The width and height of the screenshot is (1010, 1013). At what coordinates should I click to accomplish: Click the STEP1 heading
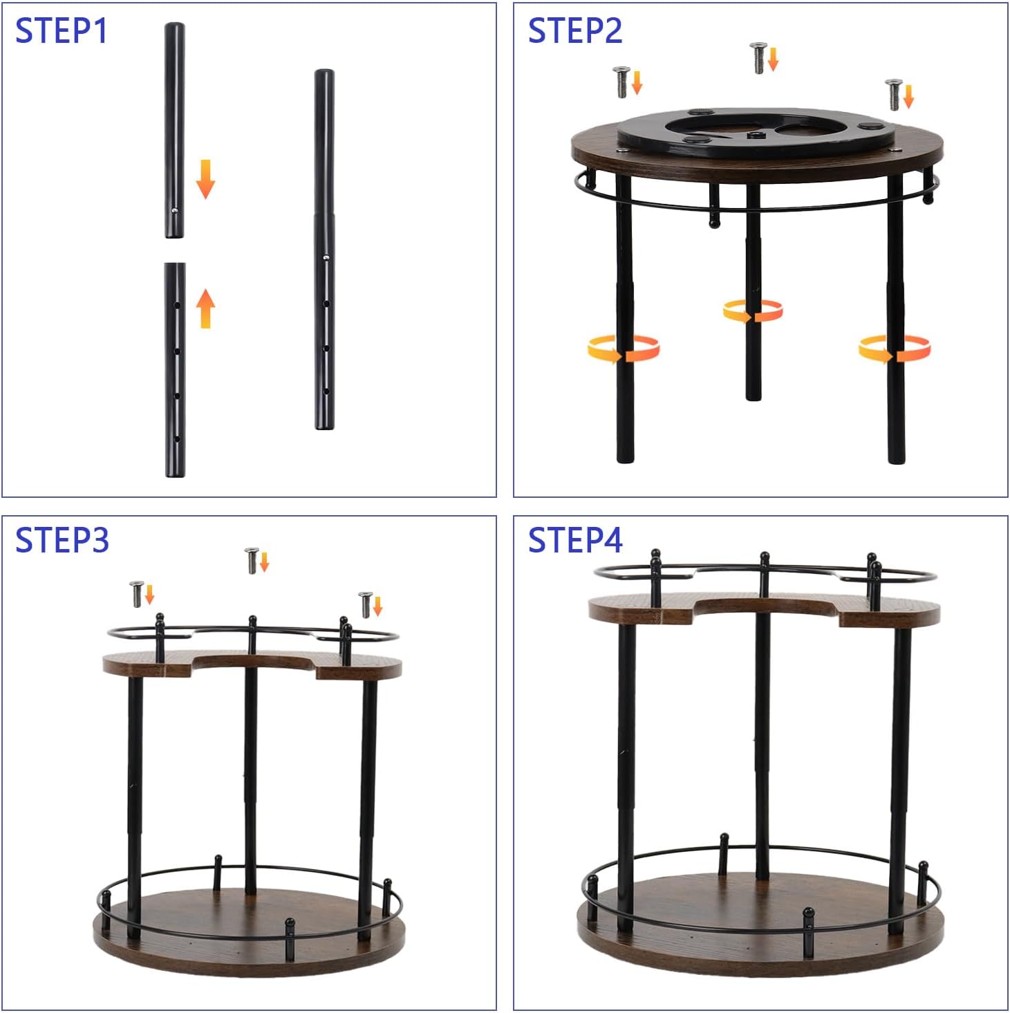(x=61, y=30)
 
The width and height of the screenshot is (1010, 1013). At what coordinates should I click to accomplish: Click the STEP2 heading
(x=574, y=30)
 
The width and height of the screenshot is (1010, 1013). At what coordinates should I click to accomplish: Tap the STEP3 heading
(x=62, y=540)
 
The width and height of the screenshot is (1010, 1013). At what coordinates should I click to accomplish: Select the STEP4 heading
(x=575, y=540)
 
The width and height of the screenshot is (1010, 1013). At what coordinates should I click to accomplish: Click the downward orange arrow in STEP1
(x=205, y=179)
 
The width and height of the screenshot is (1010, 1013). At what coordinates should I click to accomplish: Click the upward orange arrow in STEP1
(x=205, y=308)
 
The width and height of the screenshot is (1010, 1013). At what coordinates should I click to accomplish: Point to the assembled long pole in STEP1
(x=324, y=249)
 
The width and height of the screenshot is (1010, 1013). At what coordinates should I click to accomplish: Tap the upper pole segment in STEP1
(x=174, y=130)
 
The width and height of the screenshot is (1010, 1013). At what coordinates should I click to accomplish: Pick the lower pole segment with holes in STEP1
(x=174, y=370)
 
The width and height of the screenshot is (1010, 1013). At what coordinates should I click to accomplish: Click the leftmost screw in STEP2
(x=621, y=82)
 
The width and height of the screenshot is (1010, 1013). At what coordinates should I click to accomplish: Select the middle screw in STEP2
(x=758, y=58)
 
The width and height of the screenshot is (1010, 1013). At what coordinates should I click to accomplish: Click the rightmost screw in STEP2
(x=894, y=95)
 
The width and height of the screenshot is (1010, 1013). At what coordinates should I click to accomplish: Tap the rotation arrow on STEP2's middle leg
(x=753, y=311)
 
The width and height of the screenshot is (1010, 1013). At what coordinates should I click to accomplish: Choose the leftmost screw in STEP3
(x=137, y=594)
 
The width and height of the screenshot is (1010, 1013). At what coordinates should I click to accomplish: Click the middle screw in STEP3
(x=252, y=560)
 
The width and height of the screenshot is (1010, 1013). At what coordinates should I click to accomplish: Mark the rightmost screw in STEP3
(x=366, y=604)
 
